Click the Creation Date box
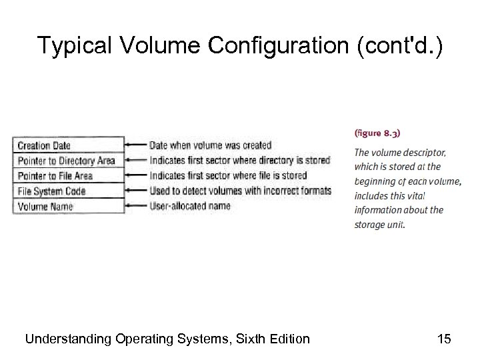pyautogui.click(x=68, y=145)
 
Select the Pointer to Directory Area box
pyautogui.click(x=68, y=161)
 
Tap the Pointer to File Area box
pyautogui.click(x=68, y=176)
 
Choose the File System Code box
pyautogui.click(x=68, y=191)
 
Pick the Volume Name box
pyautogui.click(x=68, y=207)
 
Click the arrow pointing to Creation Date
pyautogui.click(x=137, y=145)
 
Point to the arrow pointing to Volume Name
pyautogui.click(x=137, y=207)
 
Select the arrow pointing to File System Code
pyautogui.click(x=137, y=191)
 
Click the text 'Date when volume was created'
pyautogui.click(x=210, y=145)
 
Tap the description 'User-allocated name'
pyautogui.click(x=190, y=206)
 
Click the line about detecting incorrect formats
pyautogui.click(x=240, y=191)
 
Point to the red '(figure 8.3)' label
pyautogui.click(x=377, y=133)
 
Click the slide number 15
pyautogui.click(x=444, y=339)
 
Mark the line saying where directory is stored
pyautogui.click(x=240, y=161)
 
